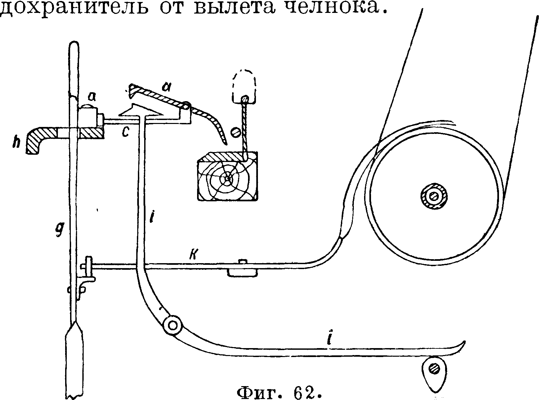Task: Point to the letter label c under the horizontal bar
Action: coord(125,132)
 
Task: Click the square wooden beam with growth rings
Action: coord(228,177)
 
